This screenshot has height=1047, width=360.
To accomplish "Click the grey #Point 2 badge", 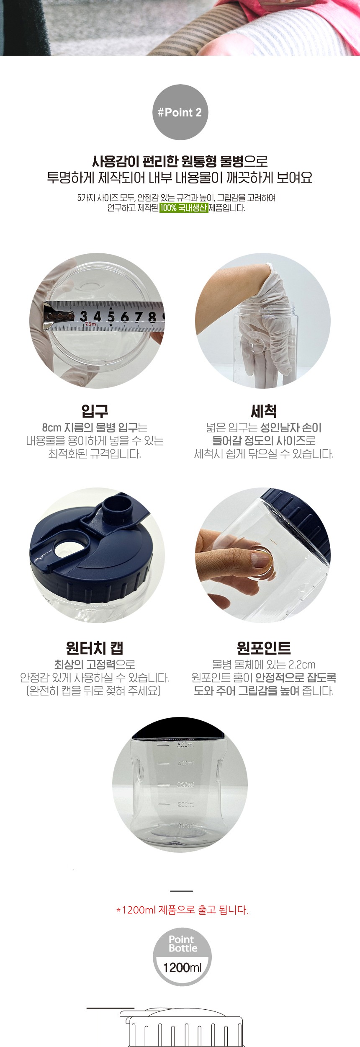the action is (180, 112).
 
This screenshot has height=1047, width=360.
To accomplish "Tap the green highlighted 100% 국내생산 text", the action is (184, 208).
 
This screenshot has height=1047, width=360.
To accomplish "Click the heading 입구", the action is (95, 411).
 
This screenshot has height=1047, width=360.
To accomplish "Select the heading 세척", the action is (264, 411).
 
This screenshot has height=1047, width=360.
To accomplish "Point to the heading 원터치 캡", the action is (95, 648).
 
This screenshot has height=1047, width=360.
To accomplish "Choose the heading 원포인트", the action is (264, 648).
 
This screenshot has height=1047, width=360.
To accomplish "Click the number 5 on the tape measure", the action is (111, 316).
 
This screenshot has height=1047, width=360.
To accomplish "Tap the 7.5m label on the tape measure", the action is (90, 324).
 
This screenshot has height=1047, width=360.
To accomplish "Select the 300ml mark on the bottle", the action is (185, 784).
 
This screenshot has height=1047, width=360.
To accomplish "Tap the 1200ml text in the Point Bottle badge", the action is (182, 967).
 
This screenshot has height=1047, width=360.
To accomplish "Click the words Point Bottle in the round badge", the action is (183, 944).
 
